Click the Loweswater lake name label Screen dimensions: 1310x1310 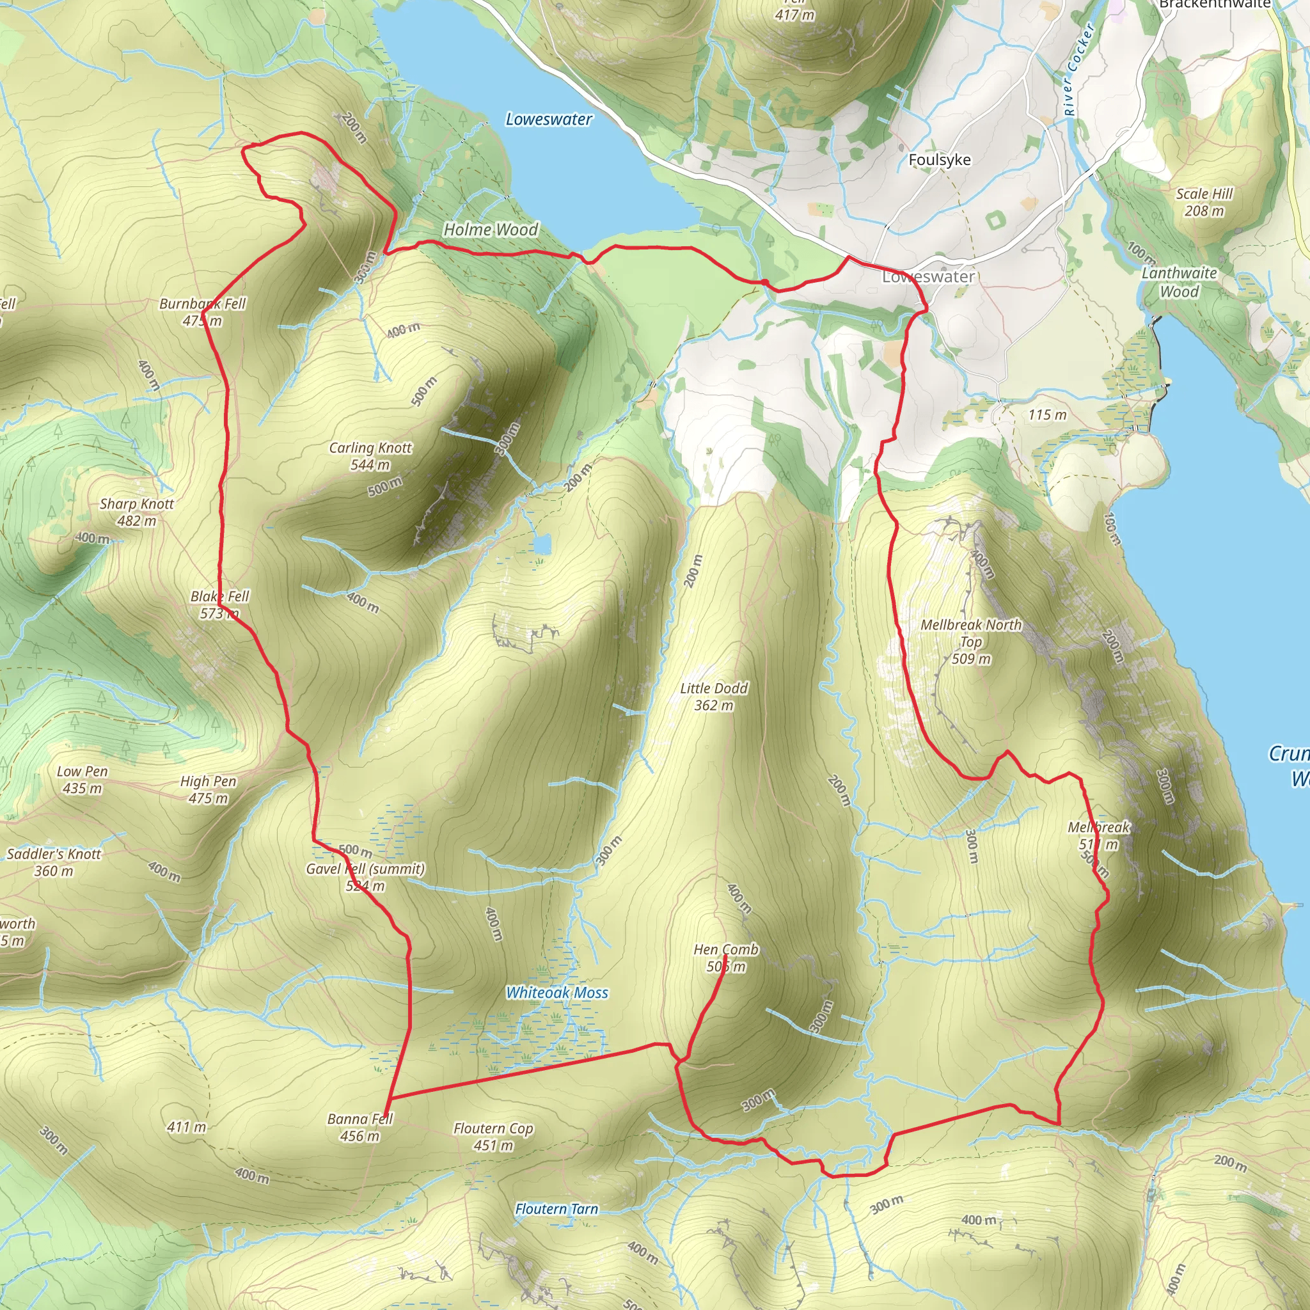(x=549, y=120)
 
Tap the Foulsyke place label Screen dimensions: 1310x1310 (x=939, y=160)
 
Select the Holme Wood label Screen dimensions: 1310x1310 (x=490, y=230)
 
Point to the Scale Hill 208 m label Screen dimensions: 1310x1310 (x=1204, y=202)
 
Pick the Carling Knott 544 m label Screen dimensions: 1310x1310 (x=370, y=455)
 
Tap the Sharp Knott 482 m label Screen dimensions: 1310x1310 (x=136, y=512)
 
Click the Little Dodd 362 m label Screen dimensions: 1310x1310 (x=713, y=697)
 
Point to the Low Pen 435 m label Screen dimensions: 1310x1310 (x=82, y=780)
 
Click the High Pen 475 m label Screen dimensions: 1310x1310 (x=208, y=789)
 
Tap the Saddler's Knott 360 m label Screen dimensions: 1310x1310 (x=54, y=862)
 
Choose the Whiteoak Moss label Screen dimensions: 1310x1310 (x=556, y=993)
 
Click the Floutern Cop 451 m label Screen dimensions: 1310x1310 (x=493, y=1137)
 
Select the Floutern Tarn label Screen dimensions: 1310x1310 (x=556, y=1209)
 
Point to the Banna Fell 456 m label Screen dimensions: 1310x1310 (x=359, y=1127)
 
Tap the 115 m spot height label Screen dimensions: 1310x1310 (x=1047, y=415)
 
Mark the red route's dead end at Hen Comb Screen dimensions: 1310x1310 (x=726, y=956)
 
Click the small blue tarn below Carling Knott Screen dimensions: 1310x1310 (x=542, y=544)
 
